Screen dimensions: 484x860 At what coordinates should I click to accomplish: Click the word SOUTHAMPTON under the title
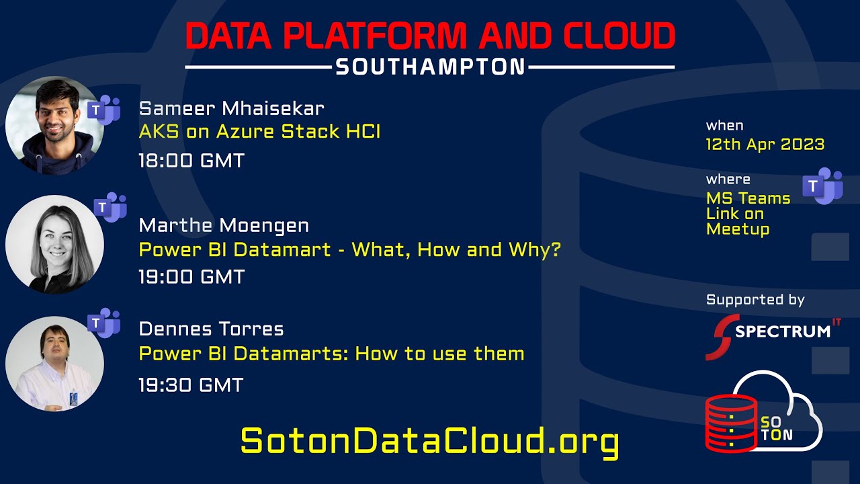(430, 67)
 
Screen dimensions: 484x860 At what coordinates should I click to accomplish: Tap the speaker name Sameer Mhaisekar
(231, 108)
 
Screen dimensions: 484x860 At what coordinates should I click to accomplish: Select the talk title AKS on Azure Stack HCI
(259, 131)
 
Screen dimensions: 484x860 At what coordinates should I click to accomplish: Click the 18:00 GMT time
(191, 161)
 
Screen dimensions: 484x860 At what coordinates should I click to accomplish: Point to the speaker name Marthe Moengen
(224, 225)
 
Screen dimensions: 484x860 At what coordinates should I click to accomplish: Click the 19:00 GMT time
(191, 276)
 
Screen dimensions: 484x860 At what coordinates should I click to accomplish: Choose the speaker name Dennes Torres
(211, 329)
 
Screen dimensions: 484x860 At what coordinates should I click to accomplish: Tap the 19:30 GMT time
(191, 385)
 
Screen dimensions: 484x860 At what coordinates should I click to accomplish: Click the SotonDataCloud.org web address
(429, 442)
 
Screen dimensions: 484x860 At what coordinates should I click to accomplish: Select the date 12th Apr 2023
(765, 144)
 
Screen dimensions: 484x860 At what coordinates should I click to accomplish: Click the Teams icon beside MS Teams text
(822, 186)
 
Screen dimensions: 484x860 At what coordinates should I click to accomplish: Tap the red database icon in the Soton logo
(730, 423)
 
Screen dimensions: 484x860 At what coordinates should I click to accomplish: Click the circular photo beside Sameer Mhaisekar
(54, 126)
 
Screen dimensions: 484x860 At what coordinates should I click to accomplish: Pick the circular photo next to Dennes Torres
(54, 364)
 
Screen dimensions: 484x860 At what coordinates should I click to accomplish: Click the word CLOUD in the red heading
(619, 37)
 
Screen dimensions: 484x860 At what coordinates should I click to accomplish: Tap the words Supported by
(755, 300)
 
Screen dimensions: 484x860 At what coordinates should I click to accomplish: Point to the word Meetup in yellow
(738, 229)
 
